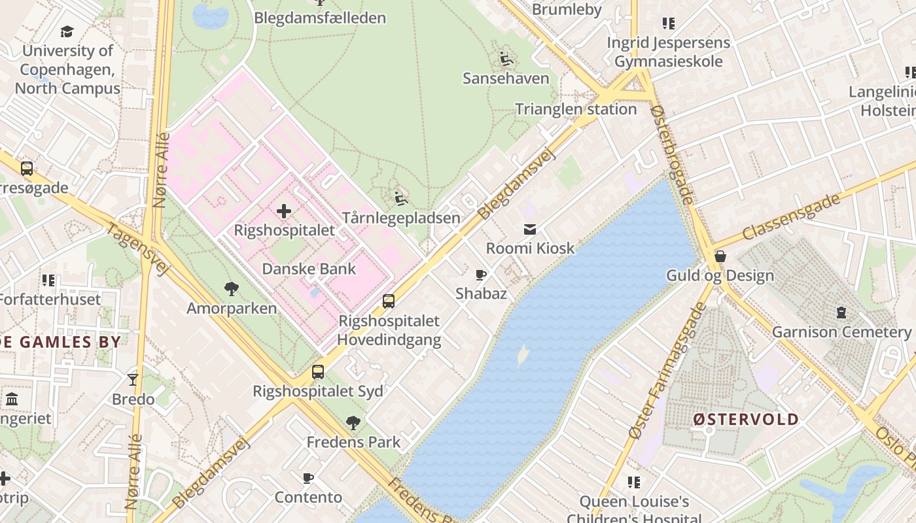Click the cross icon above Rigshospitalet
[x=284, y=211]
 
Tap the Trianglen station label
[x=576, y=109]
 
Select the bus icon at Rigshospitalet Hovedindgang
[x=389, y=301]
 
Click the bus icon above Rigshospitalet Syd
[x=318, y=372]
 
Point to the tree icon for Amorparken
[x=231, y=289]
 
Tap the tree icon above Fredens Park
[x=353, y=423]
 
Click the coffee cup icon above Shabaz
[x=481, y=275]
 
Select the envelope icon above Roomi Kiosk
[x=530, y=229]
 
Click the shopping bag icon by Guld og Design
[x=720, y=256]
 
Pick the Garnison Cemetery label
[x=841, y=331]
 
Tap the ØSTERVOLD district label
[x=746, y=419]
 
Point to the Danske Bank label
[x=309, y=269]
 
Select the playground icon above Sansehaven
[x=506, y=59]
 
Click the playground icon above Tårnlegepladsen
[x=402, y=199]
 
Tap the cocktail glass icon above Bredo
[x=133, y=380]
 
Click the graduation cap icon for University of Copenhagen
[x=67, y=31]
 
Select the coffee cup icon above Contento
[x=308, y=479]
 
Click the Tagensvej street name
[x=137, y=250]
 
